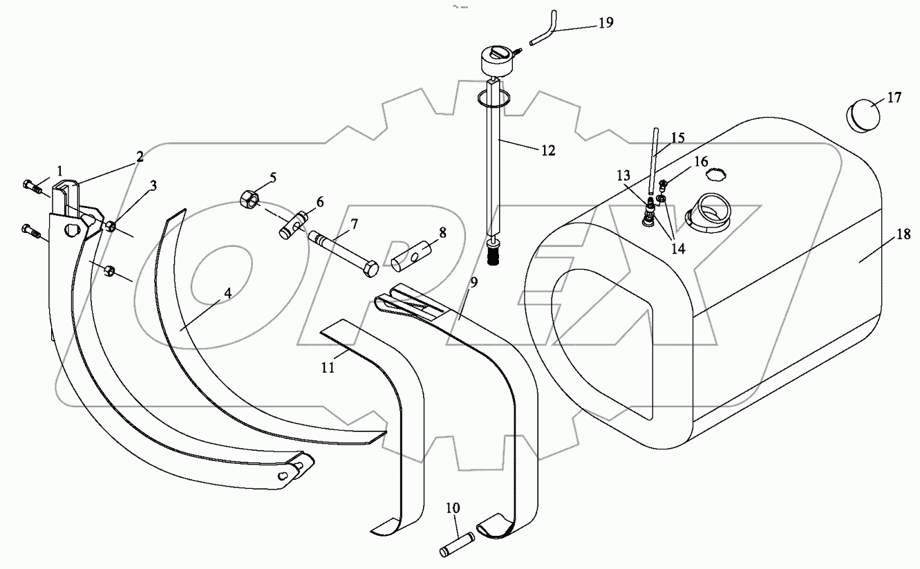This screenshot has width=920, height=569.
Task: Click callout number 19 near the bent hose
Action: pos(605,23)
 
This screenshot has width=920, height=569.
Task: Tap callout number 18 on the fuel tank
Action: pos(903,236)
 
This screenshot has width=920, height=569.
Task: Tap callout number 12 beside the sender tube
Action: pos(547,150)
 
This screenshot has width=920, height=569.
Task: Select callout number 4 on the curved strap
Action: pos(227,292)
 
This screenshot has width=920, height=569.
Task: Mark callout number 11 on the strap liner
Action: pos(328,368)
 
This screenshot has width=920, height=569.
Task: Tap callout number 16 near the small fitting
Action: pos(700,162)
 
